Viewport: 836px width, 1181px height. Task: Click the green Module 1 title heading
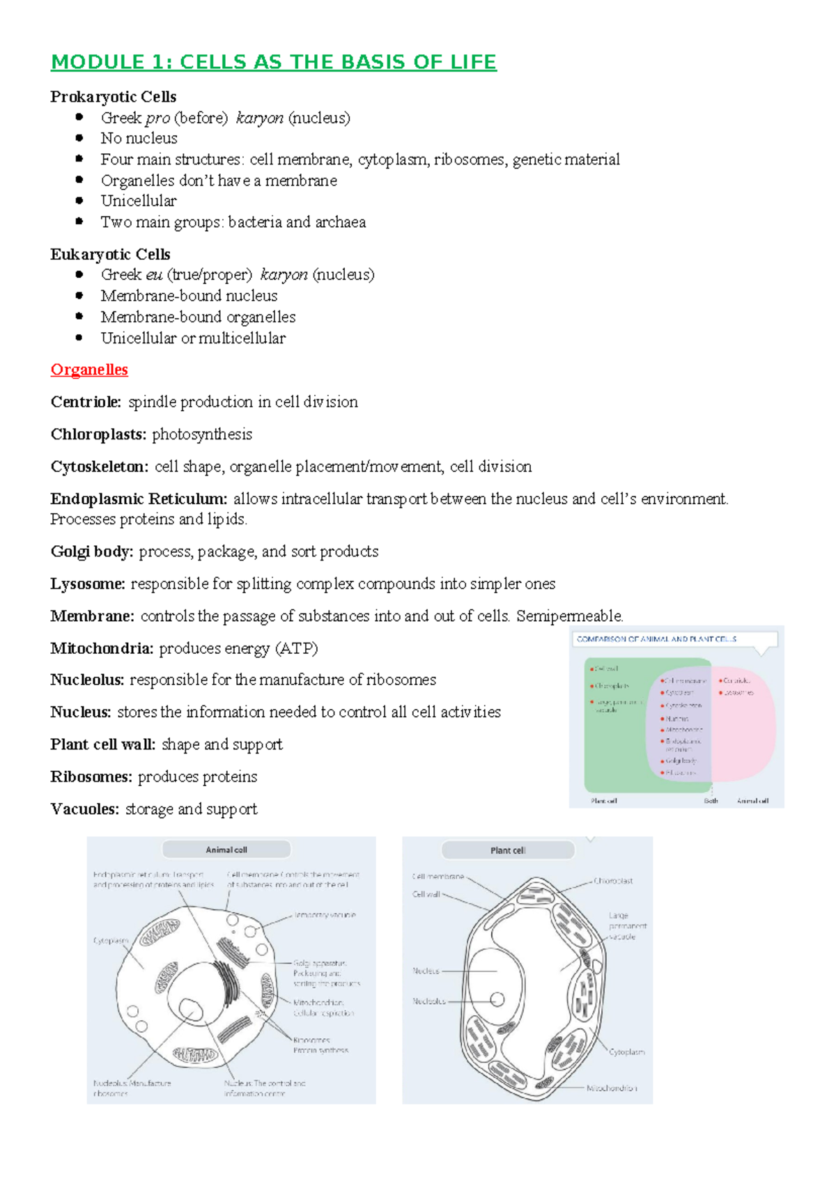tap(273, 62)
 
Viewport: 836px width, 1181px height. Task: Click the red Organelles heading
tap(89, 370)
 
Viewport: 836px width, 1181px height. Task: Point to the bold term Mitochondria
tap(102, 648)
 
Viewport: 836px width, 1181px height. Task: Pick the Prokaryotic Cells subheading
tap(113, 97)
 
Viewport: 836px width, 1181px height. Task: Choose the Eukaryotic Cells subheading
tap(110, 254)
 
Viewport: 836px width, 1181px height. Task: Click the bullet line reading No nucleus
tap(139, 138)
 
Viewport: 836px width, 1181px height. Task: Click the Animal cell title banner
tap(226, 850)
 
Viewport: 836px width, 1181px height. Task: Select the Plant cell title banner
tap(508, 850)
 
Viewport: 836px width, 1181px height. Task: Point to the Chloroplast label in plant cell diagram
tap(613, 881)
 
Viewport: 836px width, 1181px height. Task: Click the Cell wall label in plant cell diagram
tap(426, 894)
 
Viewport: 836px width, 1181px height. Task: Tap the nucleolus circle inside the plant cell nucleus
tap(497, 999)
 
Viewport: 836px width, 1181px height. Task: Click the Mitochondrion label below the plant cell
tap(611, 1088)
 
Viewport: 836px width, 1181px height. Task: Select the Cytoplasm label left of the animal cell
tap(111, 940)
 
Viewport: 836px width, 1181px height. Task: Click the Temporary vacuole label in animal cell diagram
tap(325, 915)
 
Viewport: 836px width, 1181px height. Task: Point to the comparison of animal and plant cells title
tap(656, 639)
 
